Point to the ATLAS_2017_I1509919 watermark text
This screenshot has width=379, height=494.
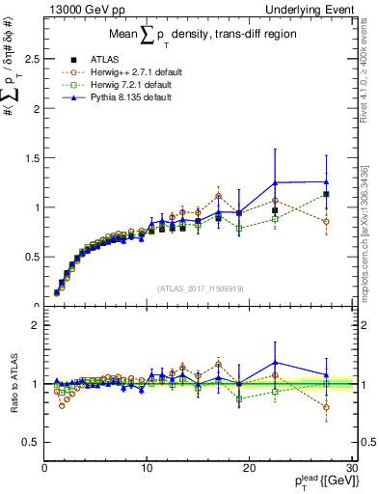(x=200, y=288)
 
